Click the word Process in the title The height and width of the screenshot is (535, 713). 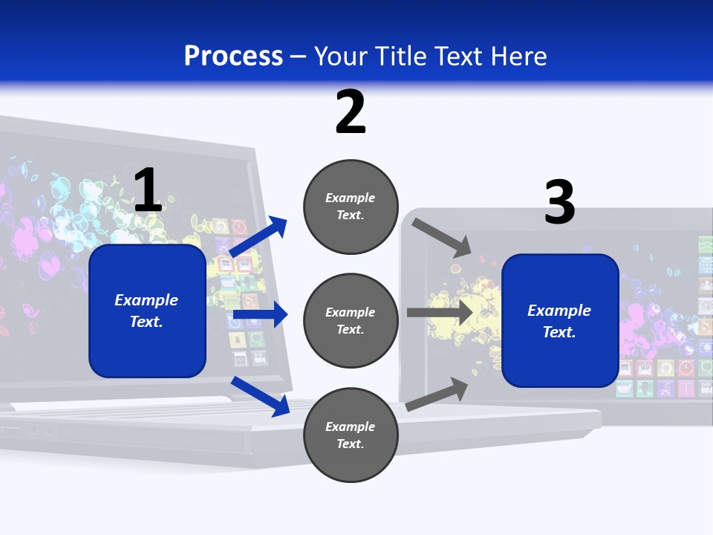point(233,56)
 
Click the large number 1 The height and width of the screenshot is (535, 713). point(148,191)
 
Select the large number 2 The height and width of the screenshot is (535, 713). point(351,112)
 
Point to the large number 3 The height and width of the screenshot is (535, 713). point(559,202)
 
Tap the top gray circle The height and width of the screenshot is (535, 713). point(351,207)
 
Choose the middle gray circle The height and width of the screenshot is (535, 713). point(351,320)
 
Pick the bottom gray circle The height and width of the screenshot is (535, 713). point(351,435)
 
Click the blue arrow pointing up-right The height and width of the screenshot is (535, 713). point(258,237)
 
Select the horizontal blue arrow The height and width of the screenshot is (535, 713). point(260,315)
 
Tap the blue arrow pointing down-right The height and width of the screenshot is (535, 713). point(261,395)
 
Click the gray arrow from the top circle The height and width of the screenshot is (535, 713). point(441,237)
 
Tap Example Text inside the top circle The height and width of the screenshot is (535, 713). point(351,207)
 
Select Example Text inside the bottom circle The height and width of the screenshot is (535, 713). point(351,435)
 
